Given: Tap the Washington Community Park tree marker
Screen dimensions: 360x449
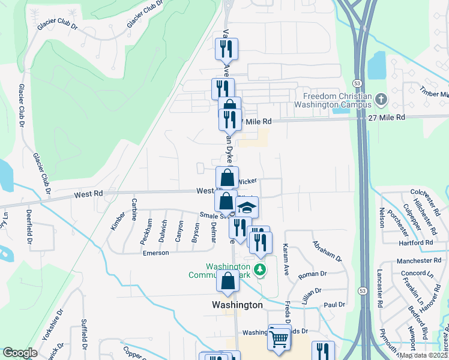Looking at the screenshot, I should click(x=260, y=270).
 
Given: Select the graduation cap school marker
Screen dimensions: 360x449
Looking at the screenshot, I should click(x=246, y=208).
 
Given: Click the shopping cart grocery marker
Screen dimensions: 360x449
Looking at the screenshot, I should click(x=279, y=338).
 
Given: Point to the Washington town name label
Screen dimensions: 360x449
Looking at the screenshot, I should click(x=238, y=305).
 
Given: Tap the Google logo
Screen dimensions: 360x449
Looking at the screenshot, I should click(x=20, y=353).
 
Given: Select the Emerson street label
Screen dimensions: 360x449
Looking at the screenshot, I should click(x=155, y=253).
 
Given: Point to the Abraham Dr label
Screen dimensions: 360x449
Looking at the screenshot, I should click(x=326, y=251).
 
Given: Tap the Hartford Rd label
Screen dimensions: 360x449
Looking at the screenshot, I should click(x=415, y=243).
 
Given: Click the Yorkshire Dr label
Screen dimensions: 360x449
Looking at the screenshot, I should click(x=51, y=326).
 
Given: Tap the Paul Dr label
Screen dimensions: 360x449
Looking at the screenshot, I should click(x=334, y=305).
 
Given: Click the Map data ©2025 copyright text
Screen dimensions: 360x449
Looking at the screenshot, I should click(x=423, y=355).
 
